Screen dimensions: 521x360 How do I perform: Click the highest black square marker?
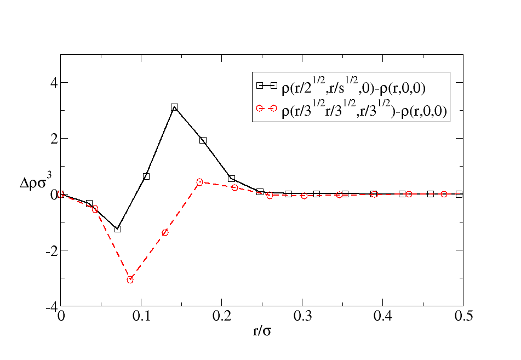(174, 107)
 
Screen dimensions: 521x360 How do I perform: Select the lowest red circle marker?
(130, 280)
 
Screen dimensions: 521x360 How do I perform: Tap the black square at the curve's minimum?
(118, 228)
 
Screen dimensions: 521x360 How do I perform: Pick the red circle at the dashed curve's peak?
(199, 182)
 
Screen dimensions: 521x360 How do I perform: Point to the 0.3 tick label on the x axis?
(303, 316)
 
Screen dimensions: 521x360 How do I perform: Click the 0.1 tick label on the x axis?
(141, 316)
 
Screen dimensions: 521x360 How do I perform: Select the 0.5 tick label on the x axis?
(463, 316)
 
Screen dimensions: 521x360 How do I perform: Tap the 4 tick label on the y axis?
(54, 82)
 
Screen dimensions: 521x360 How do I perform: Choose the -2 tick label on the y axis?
(51, 250)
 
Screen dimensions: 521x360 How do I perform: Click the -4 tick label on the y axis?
(51, 307)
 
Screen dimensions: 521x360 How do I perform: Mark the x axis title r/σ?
(262, 331)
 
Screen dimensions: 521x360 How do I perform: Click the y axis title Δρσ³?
(36, 181)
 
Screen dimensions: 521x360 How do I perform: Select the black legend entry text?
(353, 86)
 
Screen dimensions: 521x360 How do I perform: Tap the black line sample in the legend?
(266, 85)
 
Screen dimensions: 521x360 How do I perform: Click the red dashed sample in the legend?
(266, 108)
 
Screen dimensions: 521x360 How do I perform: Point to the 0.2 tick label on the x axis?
(222, 316)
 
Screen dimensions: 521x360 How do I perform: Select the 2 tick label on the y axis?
(54, 138)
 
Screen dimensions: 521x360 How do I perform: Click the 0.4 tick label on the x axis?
(383, 316)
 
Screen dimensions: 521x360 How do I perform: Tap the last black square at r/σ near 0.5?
(459, 194)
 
